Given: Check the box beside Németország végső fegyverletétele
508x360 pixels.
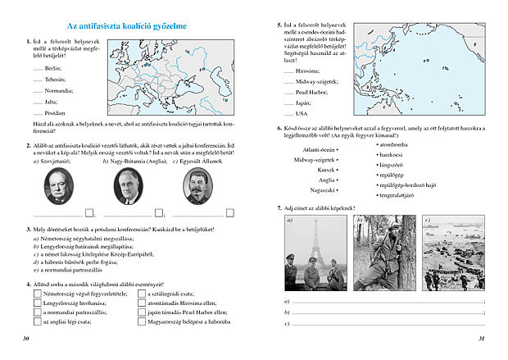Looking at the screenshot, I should click(x=37, y=292).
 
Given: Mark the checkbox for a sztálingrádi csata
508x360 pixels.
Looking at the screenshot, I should click(x=134, y=292).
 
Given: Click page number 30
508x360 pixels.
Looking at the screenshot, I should click(x=27, y=338).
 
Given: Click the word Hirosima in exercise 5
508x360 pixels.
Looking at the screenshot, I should click(x=309, y=72).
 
